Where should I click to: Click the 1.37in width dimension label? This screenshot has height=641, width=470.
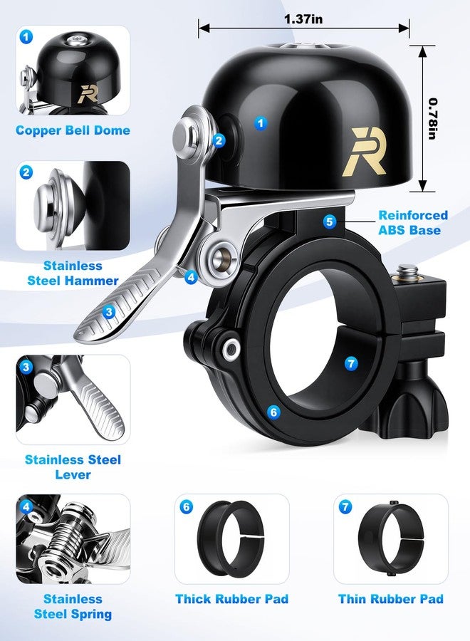[303, 19]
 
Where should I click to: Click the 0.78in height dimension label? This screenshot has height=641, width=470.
[433, 118]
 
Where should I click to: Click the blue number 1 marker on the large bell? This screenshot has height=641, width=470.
[261, 123]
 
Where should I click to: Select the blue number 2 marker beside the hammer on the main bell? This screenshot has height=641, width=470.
[219, 140]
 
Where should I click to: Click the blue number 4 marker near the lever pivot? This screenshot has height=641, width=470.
[191, 278]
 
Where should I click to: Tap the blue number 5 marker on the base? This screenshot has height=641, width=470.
[330, 222]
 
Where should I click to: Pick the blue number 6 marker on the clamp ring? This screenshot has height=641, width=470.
[273, 412]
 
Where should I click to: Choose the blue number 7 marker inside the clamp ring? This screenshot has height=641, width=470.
[351, 363]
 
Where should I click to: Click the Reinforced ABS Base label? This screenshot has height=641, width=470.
[413, 222]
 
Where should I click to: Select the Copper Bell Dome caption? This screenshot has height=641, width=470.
[73, 130]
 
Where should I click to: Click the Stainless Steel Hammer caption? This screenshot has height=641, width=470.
[73, 273]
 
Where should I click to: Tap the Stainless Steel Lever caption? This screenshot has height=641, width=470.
[73, 467]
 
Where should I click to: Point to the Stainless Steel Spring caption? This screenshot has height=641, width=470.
[73, 606]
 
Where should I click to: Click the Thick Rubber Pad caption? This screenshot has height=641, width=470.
[231, 599]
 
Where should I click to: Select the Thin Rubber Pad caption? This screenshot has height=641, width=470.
[391, 599]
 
